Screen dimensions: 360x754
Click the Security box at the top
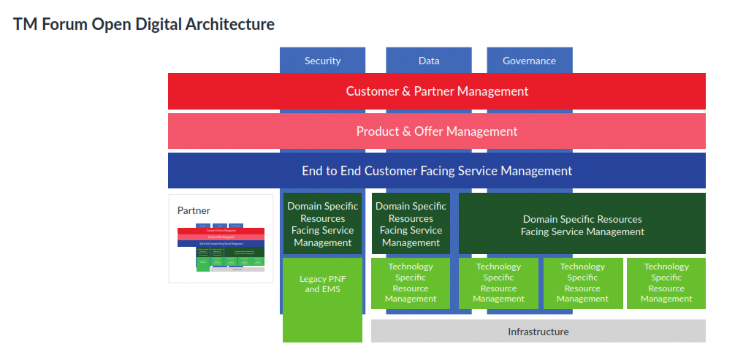tap(322, 61)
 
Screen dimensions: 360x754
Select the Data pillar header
tap(429, 61)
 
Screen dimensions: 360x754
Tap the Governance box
tap(529, 61)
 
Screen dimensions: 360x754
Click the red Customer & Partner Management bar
tap(437, 91)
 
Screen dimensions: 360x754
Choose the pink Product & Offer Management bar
tap(437, 131)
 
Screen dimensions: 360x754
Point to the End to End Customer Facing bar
tap(437, 171)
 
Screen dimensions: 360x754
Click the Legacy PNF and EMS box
tap(322, 299)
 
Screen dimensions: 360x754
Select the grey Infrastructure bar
tap(538, 332)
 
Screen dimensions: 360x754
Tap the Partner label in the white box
tap(194, 210)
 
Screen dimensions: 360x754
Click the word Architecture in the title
tap(230, 24)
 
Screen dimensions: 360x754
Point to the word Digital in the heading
tap(156, 24)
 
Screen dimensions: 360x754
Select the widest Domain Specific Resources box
tap(582, 225)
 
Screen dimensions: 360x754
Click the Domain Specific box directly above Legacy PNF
tap(322, 224)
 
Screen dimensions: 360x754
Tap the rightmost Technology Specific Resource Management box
tap(666, 283)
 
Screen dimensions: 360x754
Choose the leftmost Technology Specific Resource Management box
tap(411, 283)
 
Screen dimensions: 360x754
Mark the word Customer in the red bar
tap(373, 91)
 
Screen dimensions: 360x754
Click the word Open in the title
tap(109, 24)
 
